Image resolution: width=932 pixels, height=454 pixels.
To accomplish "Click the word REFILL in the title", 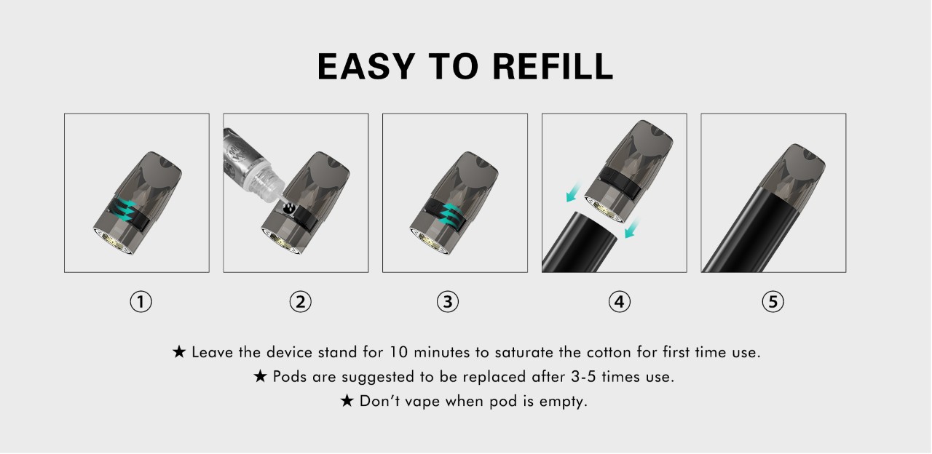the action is point(553,66).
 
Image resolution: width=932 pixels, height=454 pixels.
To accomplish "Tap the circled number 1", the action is point(141,301).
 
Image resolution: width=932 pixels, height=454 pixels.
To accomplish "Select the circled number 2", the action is point(301,301).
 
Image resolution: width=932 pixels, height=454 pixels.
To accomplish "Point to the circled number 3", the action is point(448,301).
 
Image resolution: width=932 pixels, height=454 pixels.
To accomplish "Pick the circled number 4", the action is point(619,301).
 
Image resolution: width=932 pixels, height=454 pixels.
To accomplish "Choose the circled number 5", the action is point(773,301).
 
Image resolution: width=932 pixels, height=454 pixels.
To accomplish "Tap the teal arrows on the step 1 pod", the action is point(125,209).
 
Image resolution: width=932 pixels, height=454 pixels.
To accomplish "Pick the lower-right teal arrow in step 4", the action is point(632,228).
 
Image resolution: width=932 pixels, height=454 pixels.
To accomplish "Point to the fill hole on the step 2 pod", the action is point(289,207).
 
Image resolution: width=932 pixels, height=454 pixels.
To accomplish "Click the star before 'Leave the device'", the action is point(179,351).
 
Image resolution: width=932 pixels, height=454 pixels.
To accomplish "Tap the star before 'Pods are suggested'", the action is point(261,376).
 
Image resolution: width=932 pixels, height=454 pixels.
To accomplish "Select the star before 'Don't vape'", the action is point(347,400).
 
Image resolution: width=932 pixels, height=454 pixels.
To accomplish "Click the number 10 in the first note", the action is point(398,352).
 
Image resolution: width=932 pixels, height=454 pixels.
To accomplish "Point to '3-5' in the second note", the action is point(583,377).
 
